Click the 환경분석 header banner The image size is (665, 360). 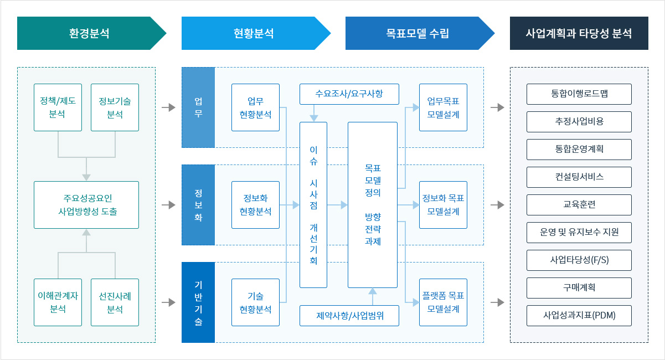pos(89,33)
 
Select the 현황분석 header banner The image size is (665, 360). pos(254,33)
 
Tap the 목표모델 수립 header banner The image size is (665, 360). pos(417,33)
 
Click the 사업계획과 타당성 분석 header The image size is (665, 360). pos(579,33)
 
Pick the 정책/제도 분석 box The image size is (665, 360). pos(58,107)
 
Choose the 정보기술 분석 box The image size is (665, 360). pos(115,107)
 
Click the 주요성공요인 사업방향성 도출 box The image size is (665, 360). pos(86,204)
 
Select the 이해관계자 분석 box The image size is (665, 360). pos(58,302)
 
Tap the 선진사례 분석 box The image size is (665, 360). pos(115,302)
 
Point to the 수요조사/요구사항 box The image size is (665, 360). pos(349,94)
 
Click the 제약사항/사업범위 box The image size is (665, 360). pos(349,316)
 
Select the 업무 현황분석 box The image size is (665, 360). pos(255,107)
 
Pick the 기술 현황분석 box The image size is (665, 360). pos(255,302)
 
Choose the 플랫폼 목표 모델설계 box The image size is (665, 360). pos(443,302)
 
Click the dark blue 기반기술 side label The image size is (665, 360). pos(198,302)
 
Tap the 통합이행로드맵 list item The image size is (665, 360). pos(579,94)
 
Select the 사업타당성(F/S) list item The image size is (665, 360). pos(579,260)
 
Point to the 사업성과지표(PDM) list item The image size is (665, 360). pos(579,316)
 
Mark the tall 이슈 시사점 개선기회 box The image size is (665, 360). pos(313,204)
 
